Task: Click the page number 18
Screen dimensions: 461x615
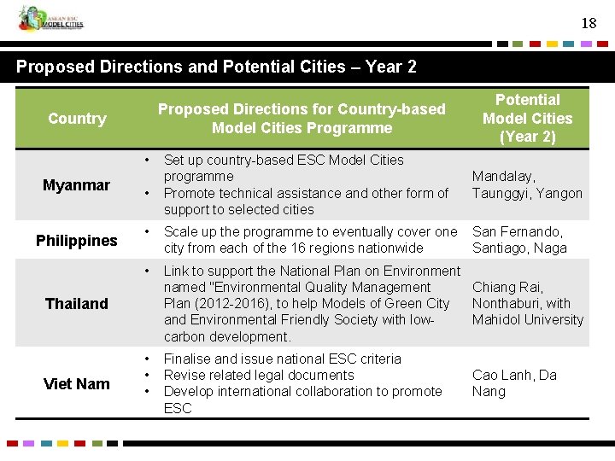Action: (x=589, y=23)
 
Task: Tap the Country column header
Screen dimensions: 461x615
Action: (x=77, y=119)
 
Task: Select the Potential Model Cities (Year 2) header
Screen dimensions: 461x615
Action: (x=527, y=118)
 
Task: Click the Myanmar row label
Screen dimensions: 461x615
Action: (x=77, y=185)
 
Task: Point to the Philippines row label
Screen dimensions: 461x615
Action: (x=77, y=241)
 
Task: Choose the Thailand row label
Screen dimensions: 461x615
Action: (x=77, y=304)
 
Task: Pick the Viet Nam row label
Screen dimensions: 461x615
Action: (x=77, y=384)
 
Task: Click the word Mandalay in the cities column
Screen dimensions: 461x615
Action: (x=502, y=177)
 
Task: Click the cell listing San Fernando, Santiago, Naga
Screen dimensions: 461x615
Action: (x=518, y=240)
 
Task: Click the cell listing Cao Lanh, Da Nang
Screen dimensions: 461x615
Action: (x=514, y=383)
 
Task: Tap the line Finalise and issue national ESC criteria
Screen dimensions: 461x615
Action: (x=282, y=359)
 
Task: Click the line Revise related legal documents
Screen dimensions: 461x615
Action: (x=258, y=376)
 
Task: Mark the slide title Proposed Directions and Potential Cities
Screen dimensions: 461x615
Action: (x=216, y=67)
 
